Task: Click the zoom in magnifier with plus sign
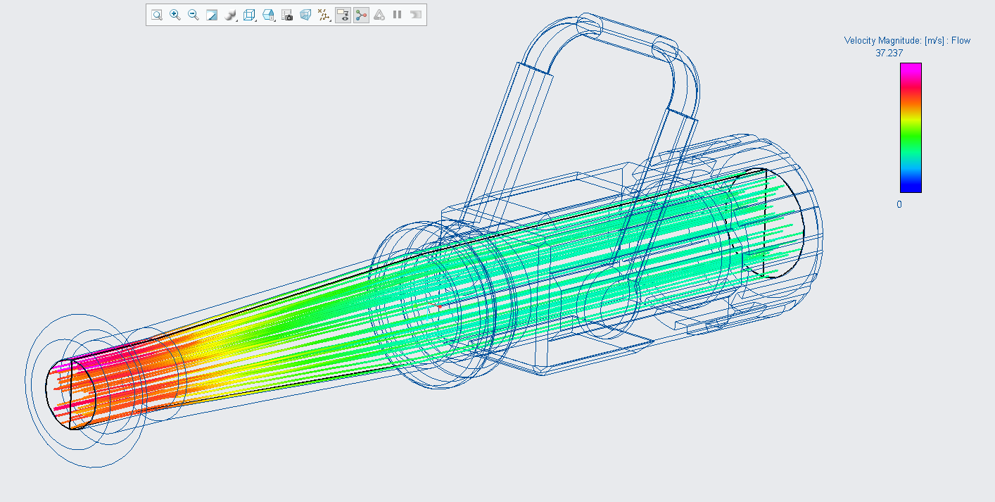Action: pos(175,15)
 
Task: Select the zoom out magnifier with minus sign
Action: pos(194,15)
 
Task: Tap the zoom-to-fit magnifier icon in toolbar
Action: pos(157,15)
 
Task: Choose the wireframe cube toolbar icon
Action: pos(249,15)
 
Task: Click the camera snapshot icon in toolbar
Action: pos(287,15)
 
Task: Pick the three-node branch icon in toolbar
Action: pos(361,15)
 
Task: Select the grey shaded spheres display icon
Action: pos(230,15)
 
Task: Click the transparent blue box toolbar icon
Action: pos(305,15)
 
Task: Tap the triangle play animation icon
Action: pos(379,15)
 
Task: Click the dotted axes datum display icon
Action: pos(324,15)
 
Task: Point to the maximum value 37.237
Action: pos(889,53)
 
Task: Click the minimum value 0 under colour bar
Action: pos(899,204)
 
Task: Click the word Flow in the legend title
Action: pos(961,41)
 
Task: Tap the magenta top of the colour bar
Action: pos(911,67)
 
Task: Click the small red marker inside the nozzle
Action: pos(439,307)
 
